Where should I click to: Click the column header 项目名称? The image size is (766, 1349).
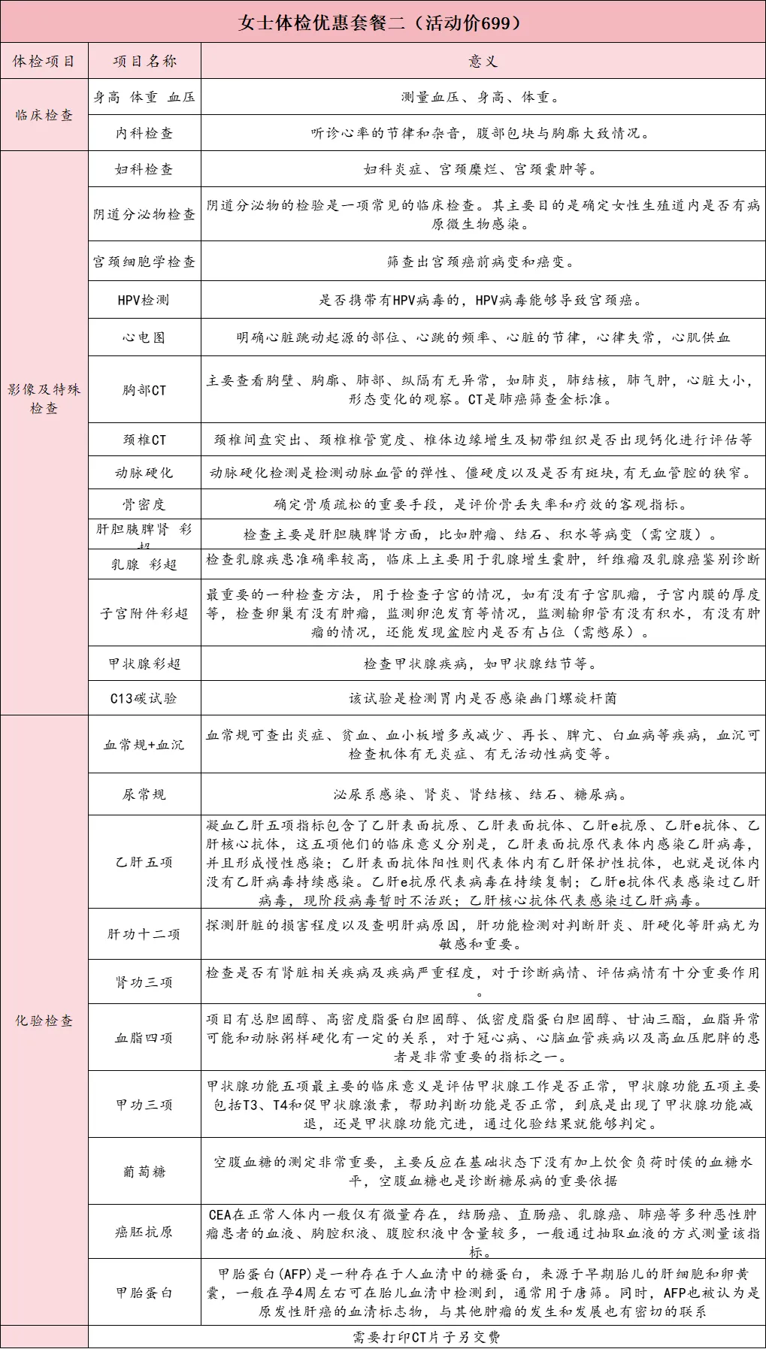point(144,62)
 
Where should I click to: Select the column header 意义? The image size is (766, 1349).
point(483,62)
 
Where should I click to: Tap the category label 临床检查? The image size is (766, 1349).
point(44,115)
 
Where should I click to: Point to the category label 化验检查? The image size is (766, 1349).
point(44,1021)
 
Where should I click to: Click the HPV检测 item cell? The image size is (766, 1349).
point(144,300)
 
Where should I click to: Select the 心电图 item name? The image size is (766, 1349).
point(144,337)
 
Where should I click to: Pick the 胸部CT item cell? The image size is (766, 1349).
point(144,390)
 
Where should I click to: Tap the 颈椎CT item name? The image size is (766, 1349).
point(144,440)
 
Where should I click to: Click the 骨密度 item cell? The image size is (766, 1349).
point(144,504)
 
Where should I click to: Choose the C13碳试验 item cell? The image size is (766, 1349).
point(144,698)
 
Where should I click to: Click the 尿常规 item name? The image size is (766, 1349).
point(144,794)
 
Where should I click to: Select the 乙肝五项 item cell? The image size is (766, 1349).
point(144,862)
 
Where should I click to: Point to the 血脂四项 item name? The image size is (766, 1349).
point(144,1038)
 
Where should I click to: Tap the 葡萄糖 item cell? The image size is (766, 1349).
point(144,1172)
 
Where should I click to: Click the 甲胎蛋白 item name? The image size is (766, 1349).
point(144,1293)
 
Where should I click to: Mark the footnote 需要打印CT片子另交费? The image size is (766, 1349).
point(426,1337)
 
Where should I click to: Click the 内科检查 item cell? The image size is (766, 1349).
point(144,133)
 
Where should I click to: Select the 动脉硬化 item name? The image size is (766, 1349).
point(144,473)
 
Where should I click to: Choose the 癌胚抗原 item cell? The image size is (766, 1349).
point(144,1232)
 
